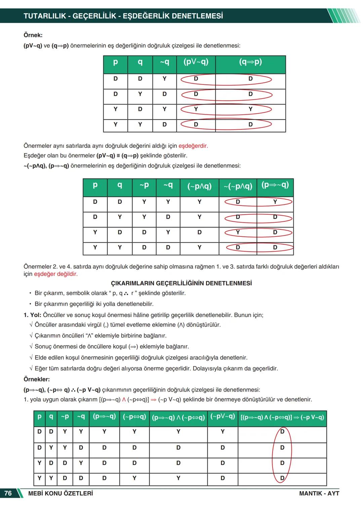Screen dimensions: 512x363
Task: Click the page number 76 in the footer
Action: coord(8,493)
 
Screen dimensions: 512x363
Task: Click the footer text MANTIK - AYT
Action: coord(319,493)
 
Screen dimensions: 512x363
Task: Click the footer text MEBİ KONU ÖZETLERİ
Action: coord(61,493)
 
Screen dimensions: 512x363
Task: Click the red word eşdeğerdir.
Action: coord(193,146)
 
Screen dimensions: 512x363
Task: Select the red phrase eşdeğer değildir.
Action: coord(56,274)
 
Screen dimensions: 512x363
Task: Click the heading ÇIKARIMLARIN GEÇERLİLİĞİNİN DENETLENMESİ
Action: coord(181,283)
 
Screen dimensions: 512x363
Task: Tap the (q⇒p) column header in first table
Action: coord(250,62)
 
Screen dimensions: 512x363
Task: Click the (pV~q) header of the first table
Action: coord(196,62)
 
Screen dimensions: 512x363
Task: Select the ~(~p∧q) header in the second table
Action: coord(238,186)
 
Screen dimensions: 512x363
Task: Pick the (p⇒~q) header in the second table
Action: coord(275,185)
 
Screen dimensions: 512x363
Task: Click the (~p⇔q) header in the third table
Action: coord(134,417)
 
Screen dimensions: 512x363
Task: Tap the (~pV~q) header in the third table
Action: coord(223,417)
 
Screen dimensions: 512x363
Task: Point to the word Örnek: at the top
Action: coord(33,35)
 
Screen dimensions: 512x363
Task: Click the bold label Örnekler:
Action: coord(37,379)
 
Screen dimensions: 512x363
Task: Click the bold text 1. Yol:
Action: coord(32,315)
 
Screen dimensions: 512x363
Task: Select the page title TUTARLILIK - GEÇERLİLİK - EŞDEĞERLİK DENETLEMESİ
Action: coord(123,16)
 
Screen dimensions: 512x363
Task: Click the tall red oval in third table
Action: coord(282,455)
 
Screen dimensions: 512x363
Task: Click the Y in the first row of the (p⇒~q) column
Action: coord(275,202)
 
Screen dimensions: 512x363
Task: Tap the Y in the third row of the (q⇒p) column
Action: coord(250,109)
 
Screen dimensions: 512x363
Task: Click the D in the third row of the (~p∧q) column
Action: coord(199,232)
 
